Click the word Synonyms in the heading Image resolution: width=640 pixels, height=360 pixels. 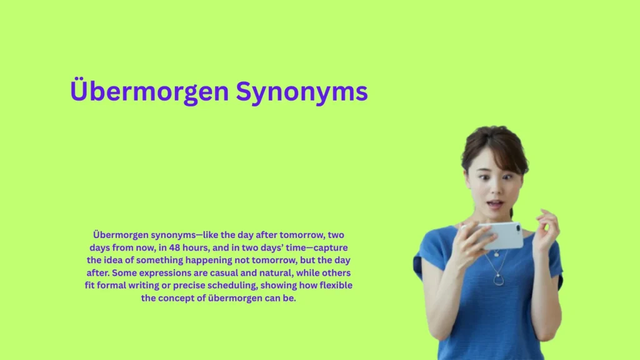pos(301,92)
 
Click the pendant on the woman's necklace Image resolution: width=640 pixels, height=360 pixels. pos(498,280)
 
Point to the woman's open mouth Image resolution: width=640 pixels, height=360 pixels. pos(495,204)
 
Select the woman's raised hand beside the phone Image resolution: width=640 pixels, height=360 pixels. pos(546,227)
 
